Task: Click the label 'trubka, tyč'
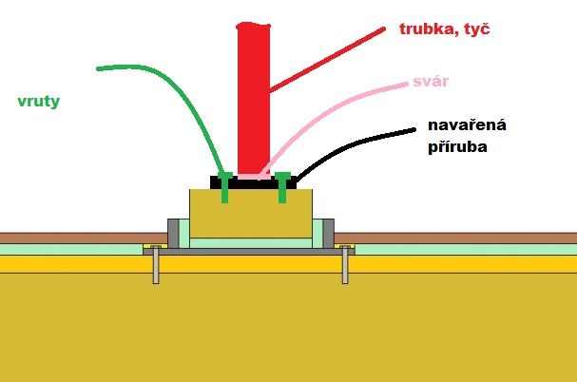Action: click(x=445, y=29)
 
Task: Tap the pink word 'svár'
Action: click(x=431, y=82)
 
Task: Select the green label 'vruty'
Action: click(x=39, y=102)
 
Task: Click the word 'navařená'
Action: click(x=467, y=125)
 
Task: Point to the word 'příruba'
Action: click(x=458, y=146)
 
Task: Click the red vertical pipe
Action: click(x=253, y=100)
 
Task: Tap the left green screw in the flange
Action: click(x=225, y=187)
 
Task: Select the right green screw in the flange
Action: click(x=282, y=187)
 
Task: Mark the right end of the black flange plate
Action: click(x=296, y=182)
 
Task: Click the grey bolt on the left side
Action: click(x=156, y=264)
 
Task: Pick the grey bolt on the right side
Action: click(x=345, y=264)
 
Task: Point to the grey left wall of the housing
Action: click(x=173, y=234)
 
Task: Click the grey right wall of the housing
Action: click(x=329, y=234)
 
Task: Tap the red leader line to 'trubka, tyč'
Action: click(x=328, y=59)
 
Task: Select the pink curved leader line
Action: click(x=324, y=110)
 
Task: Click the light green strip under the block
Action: click(x=251, y=243)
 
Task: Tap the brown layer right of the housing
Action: click(x=455, y=239)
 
